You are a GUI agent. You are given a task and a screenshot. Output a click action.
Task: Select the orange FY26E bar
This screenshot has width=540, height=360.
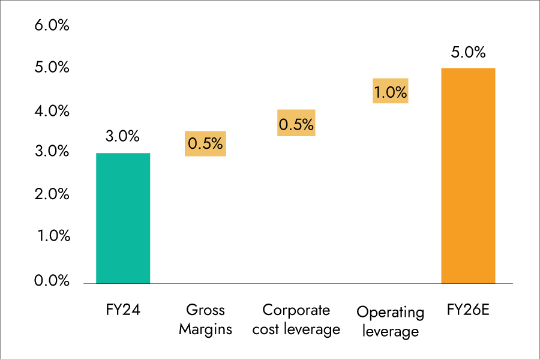(x=468, y=175)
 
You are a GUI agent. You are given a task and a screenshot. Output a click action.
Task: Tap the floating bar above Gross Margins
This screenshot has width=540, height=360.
(x=205, y=144)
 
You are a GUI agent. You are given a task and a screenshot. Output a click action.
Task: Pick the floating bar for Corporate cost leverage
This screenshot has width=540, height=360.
(x=296, y=124)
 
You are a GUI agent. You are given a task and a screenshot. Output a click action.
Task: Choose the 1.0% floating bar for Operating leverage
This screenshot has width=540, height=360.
(x=390, y=91)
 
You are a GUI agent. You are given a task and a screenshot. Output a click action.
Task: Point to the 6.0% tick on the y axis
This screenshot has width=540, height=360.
(x=52, y=26)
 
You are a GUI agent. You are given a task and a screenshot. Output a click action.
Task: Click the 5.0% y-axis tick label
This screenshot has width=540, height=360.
(x=52, y=68)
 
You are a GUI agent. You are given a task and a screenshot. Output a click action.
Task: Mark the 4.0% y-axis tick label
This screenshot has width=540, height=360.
(x=52, y=111)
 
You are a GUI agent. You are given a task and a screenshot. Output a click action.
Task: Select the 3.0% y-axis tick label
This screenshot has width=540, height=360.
(x=52, y=152)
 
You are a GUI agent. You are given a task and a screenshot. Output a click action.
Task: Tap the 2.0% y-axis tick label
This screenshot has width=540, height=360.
(x=52, y=194)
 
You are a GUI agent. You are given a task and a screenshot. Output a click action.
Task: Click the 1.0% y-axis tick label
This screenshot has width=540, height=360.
(x=52, y=236)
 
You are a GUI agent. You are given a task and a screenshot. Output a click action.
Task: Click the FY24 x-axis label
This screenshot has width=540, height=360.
(x=122, y=310)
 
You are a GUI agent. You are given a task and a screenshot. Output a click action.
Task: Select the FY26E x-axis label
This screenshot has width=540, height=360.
(x=469, y=310)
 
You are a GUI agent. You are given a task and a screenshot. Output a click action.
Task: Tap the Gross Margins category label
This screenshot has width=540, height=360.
(x=205, y=320)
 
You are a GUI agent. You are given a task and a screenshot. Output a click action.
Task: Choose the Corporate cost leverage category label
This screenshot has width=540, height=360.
(x=296, y=320)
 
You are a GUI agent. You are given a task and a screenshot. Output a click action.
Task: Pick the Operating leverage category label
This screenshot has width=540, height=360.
(x=390, y=322)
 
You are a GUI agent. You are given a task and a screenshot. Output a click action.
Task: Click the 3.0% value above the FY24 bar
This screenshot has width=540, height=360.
(x=122, y=137)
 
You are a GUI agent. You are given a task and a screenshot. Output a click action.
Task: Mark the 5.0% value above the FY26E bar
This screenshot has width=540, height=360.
(x=468, y=53)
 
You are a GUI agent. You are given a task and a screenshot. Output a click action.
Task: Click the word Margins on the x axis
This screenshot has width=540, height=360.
(x=205, y=329)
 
